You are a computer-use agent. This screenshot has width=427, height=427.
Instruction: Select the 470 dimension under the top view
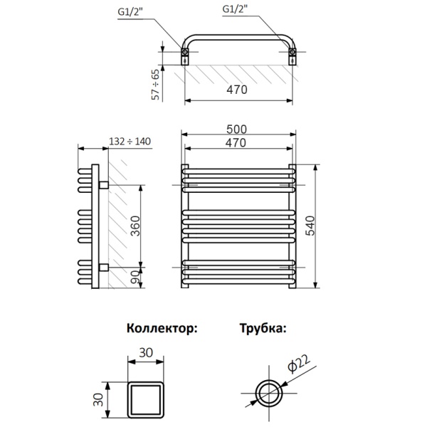[238, 90]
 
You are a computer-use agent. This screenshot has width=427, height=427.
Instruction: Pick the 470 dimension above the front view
[237, 142]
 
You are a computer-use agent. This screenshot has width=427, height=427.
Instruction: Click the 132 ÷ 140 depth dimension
[130, 142]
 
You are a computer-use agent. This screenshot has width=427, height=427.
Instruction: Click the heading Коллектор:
[162, 329]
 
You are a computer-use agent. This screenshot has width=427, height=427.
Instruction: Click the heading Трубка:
[263, 329]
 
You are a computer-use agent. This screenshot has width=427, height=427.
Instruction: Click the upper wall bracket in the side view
[104, 185]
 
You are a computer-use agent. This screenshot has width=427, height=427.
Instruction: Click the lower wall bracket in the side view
[104, 268]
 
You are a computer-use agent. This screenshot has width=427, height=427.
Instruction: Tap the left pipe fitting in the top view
[186, 54]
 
